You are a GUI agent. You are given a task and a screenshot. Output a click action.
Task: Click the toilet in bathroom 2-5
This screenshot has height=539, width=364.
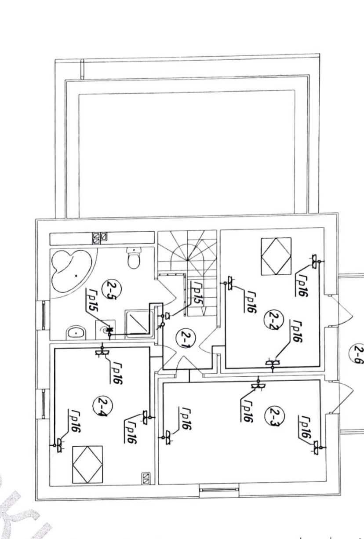tap(133, 259)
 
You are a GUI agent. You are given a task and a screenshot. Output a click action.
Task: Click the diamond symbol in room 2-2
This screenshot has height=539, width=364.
tap(276, 256)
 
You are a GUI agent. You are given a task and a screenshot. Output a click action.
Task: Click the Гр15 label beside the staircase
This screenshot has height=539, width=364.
tap(197, 294)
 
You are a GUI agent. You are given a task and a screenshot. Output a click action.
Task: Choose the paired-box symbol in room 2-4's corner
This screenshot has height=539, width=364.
tap(146, 477)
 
